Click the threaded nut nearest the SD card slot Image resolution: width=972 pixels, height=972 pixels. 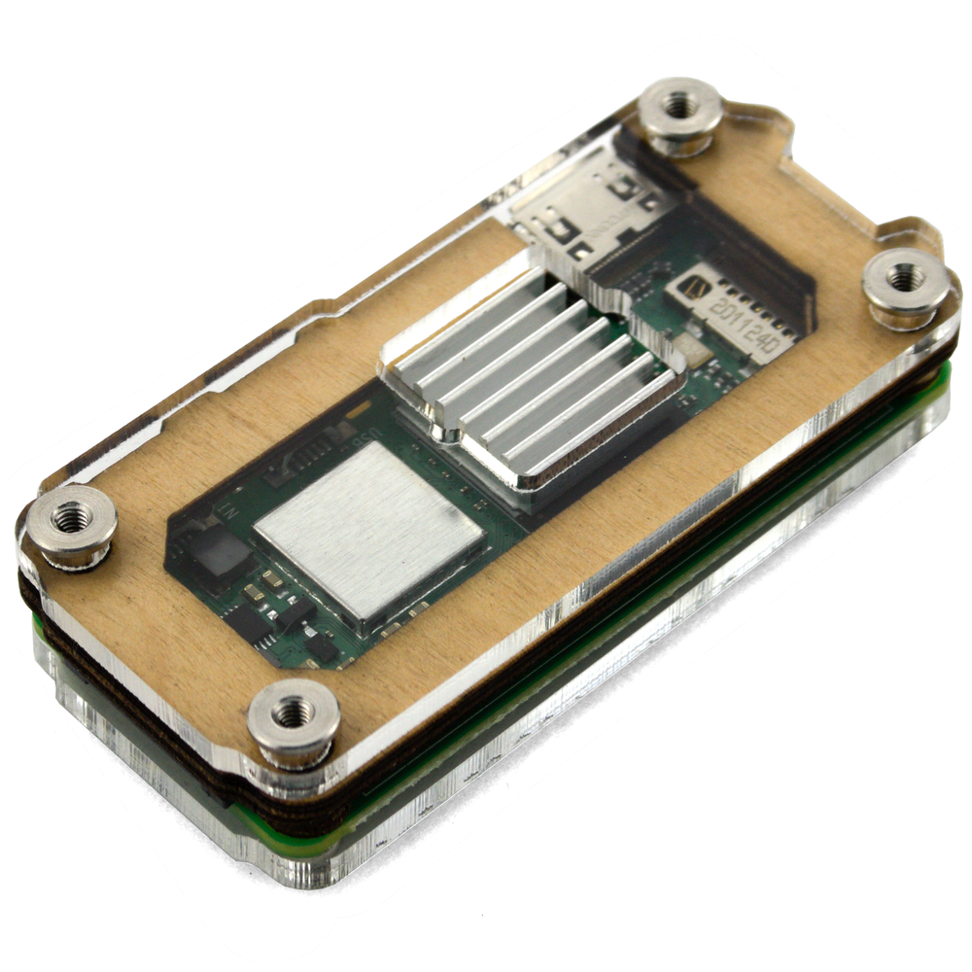[x=680, y=114]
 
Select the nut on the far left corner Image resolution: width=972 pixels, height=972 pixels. [x=70, y=525]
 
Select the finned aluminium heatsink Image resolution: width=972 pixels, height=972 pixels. [x=530, y=379]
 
